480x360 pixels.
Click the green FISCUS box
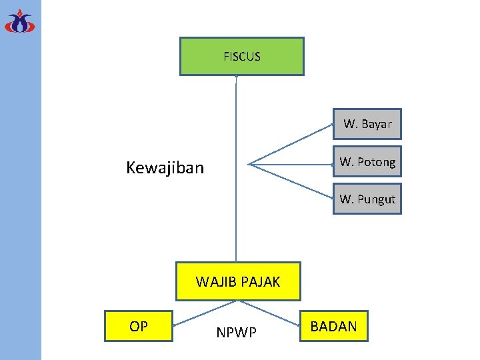[241, 57]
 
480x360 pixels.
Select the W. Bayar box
[367, 124]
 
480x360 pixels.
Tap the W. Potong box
[367, 162]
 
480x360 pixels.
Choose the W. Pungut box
[367, 199]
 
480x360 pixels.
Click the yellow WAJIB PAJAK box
[238, 281]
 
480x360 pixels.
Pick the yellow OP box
[139, 326]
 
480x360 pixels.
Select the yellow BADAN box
[333, 326]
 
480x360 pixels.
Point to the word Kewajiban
[165, 167]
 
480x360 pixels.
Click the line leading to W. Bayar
[291, 144]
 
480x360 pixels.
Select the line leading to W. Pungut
[291, 181]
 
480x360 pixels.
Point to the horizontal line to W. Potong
[291, 163]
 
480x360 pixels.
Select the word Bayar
[377, 124]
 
